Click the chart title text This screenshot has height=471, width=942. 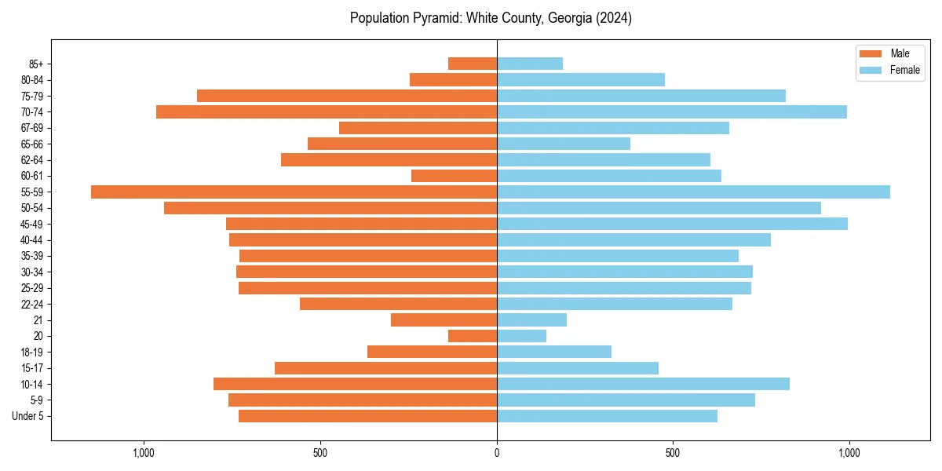tap(491, 18)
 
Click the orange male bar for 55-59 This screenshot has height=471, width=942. tap(294, 192)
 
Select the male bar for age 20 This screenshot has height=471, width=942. tap(473, 336)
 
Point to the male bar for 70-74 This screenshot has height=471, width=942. tap(327, 111)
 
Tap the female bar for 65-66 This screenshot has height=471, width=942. tap(564, 144)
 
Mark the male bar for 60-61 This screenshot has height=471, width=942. tap(454, 176)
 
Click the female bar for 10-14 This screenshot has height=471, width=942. tap(643, 384)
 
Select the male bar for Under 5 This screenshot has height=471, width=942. tap(367, 416)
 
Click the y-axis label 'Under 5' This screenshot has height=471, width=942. tap(27, 416)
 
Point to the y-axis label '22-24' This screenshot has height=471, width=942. tap(33, 304)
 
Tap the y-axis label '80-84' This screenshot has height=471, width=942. tap(33, 79)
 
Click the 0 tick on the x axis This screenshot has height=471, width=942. tap(497, 453)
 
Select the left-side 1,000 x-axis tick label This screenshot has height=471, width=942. tap(144, 453)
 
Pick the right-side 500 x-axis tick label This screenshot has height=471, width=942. tap(672, 453)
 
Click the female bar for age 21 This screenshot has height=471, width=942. tap(531, 319)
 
